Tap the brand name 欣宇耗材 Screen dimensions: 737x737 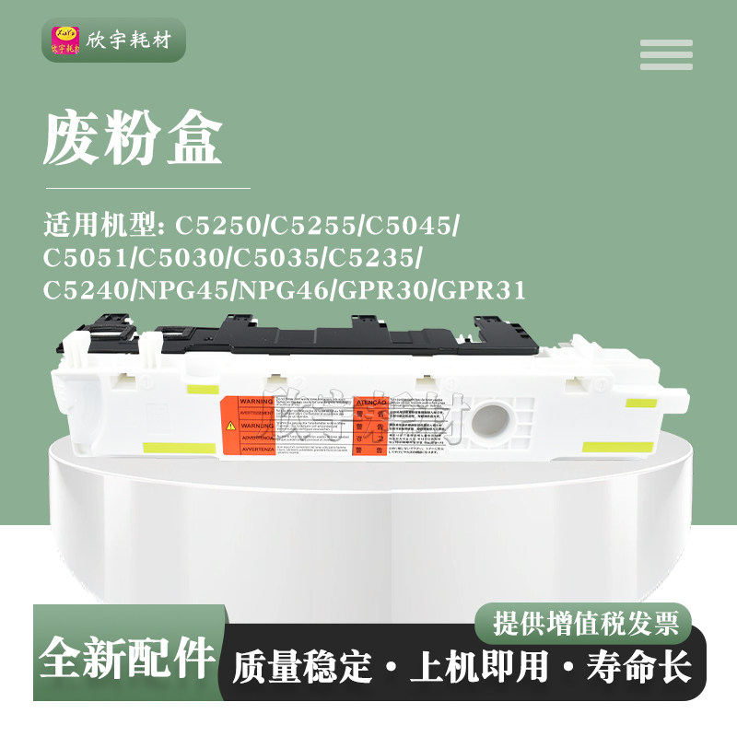pos(129,42)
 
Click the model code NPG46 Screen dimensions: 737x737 pos(285,291)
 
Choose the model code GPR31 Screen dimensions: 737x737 pos(482,291)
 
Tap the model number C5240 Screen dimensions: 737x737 pos(88,291)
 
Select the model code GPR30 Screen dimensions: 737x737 pos(381,291)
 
